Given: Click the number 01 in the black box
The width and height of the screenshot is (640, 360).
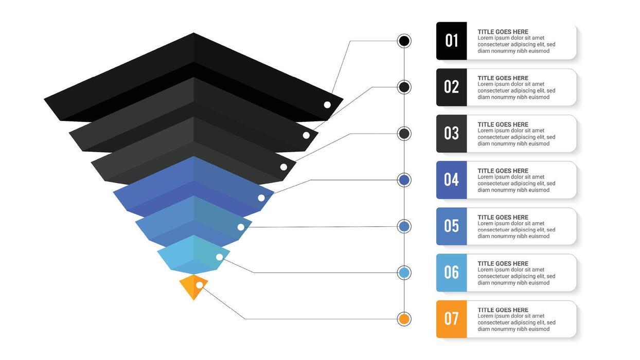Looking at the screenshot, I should click(451, 41).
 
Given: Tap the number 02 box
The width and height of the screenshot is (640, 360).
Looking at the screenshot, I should click(451, 87).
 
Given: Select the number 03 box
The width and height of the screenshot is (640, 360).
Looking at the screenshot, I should click(451, 133).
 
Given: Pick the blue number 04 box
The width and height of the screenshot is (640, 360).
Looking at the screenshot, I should click(451, 179).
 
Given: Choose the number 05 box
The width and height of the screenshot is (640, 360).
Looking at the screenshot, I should click(451, 226).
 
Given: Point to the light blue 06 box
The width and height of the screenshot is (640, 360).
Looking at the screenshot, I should click(451, 272).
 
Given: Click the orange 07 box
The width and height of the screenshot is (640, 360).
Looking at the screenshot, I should click(451, 319).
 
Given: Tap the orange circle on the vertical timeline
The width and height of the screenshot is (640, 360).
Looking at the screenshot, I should click(404, 319).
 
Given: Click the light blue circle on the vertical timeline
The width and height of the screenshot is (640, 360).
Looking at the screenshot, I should click(404, 273).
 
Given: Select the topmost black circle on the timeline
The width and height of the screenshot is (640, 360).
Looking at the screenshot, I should click(404, 41).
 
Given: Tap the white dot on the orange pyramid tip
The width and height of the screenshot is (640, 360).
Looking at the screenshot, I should click(200, 285).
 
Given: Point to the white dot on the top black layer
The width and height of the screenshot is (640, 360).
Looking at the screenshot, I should click(327, 105).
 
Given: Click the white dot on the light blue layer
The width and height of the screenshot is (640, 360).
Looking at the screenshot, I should click(220, 257).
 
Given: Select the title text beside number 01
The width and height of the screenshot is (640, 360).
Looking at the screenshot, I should click(503, 32).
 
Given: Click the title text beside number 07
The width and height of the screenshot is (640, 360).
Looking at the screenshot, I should click(503, 310).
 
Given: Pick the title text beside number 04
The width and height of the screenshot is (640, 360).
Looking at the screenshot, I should click(503, 171).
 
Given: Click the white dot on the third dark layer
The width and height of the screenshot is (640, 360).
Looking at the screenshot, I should click(283, 167).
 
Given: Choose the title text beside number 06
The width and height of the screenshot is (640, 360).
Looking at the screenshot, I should click(503, 264).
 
